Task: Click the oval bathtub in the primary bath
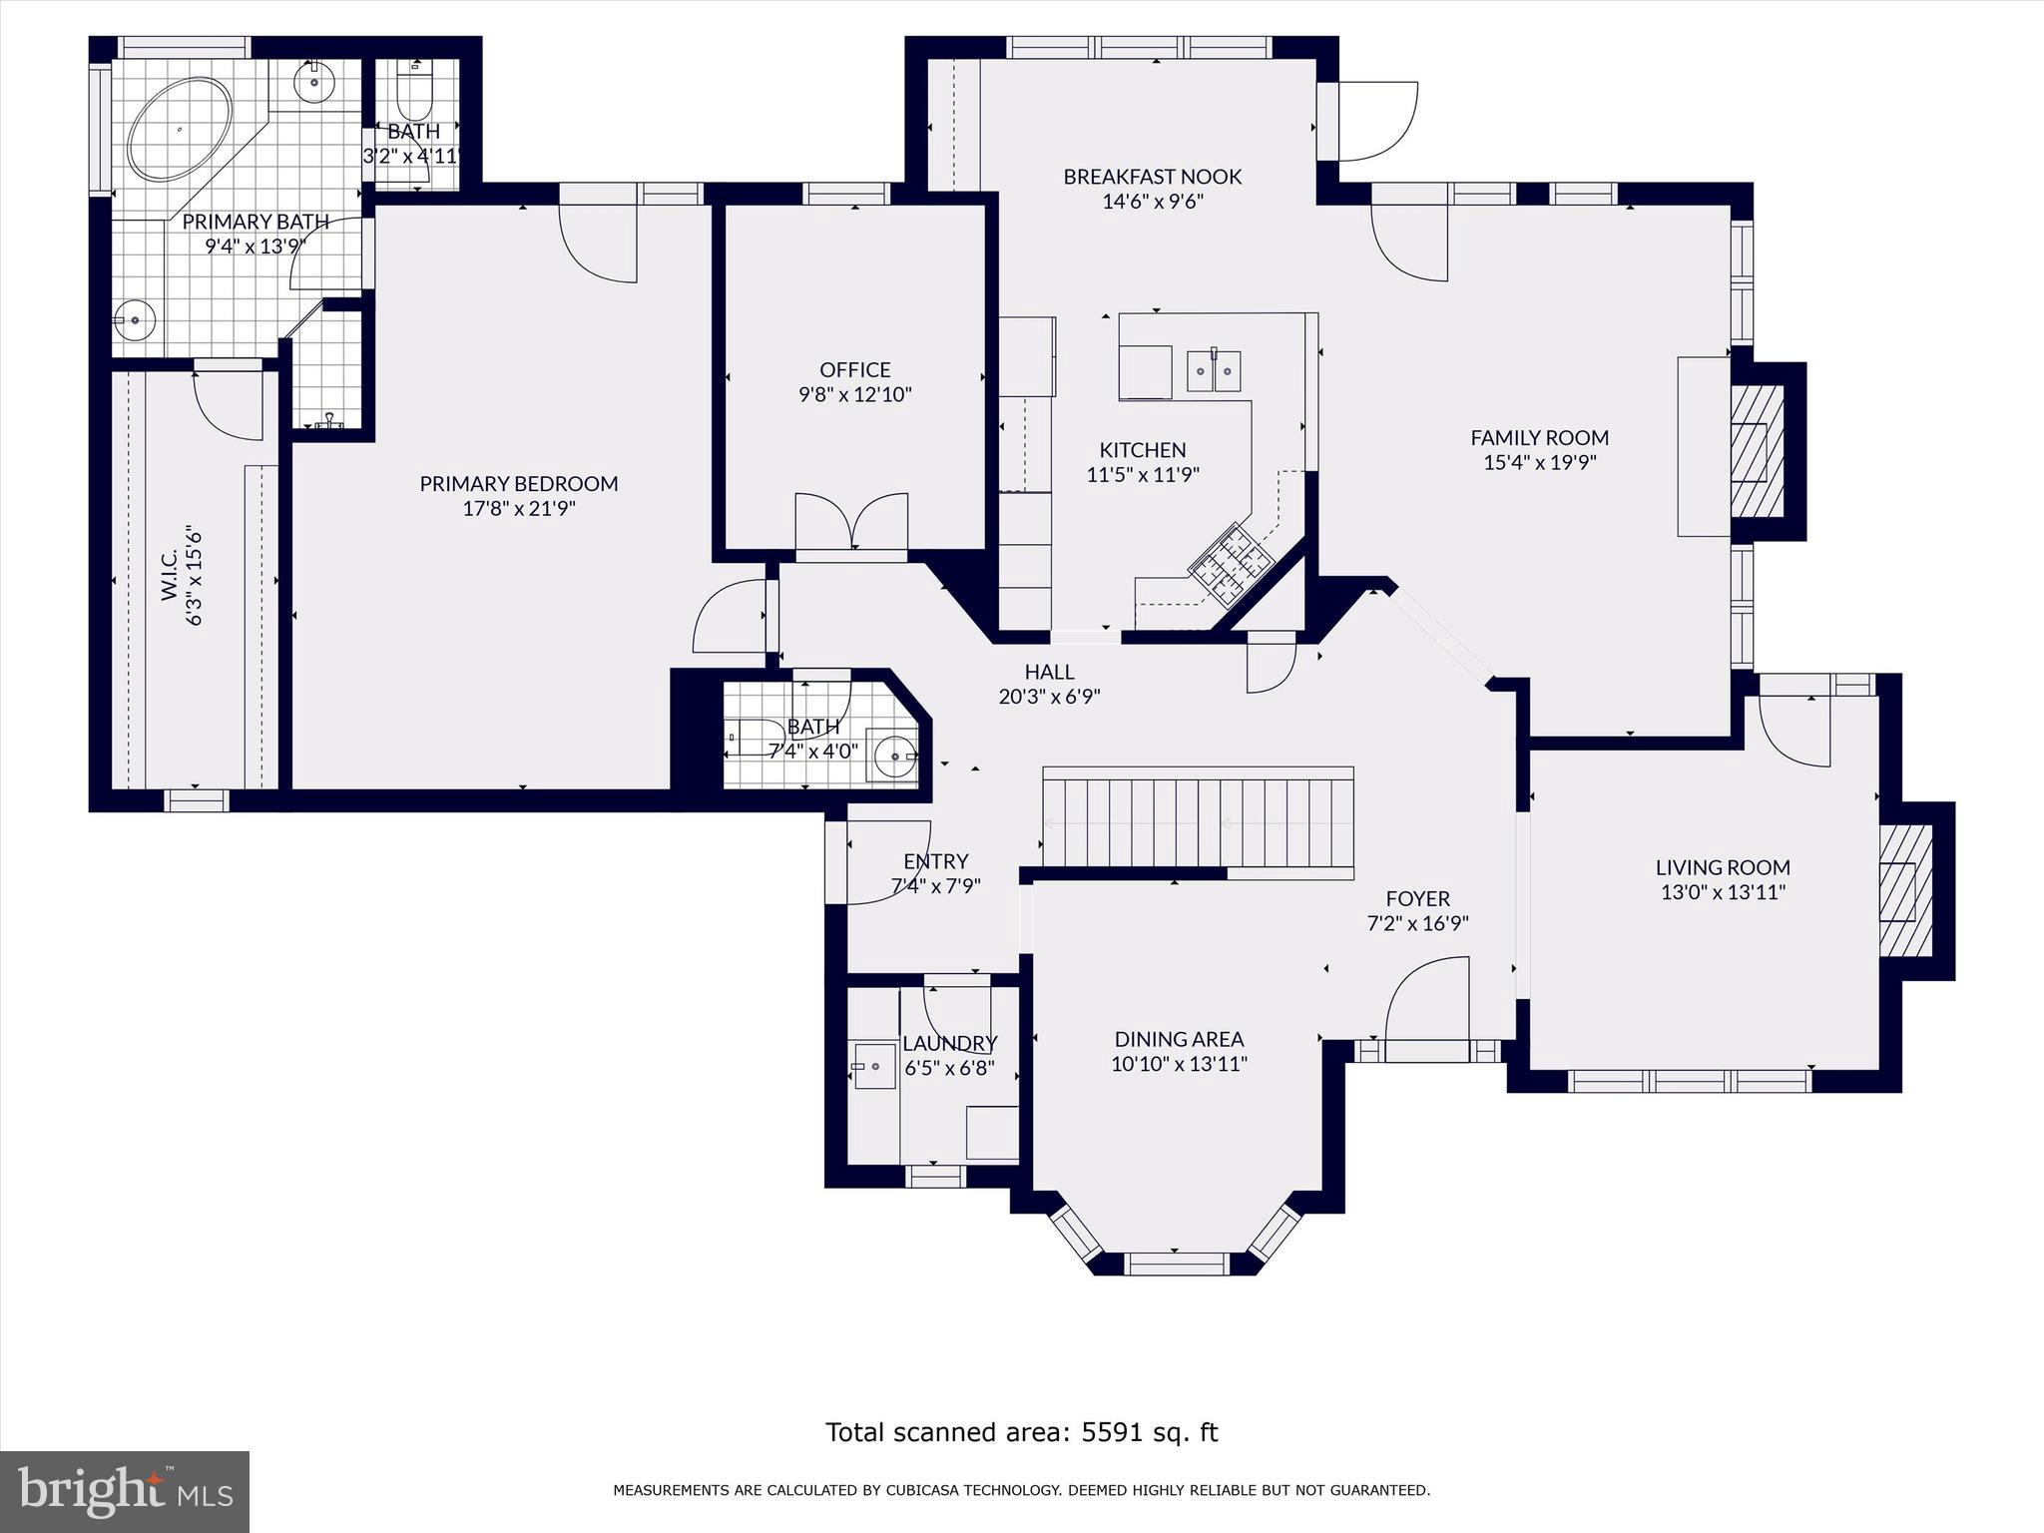point(180,131)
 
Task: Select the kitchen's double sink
point(1214,370)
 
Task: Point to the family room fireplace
point(1757,451)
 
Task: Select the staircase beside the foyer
point(1198,823)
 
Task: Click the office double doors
point(851,522)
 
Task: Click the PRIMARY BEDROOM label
point(518,484)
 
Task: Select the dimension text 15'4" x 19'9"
point(1539,463)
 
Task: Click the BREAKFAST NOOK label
point(1152,177)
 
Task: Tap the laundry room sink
point(874,1068)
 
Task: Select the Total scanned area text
point(1021,1432)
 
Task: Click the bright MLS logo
point(124,1491)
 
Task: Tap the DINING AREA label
point(1179,1039)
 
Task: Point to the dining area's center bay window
point(1176,1264)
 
